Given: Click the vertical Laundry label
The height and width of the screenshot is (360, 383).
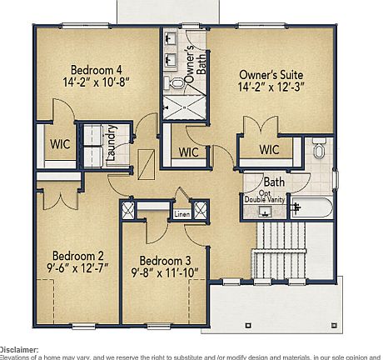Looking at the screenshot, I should point(110,139).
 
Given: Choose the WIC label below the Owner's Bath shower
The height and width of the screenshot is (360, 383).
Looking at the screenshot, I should point(188,152).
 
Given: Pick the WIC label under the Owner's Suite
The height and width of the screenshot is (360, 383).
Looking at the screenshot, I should point(268,150).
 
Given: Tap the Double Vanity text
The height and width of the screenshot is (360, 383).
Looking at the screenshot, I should point(266,199).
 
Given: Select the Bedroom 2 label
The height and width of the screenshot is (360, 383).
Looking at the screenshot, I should point(77,256).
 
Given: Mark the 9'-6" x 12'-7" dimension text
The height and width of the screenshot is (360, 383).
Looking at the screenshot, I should point(77,269).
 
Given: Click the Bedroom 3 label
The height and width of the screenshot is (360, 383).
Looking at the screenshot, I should point(165,259).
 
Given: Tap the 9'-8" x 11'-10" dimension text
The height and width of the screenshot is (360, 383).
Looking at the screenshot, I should point(165,272).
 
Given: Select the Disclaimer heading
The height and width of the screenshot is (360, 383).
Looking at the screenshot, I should point(18,350).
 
